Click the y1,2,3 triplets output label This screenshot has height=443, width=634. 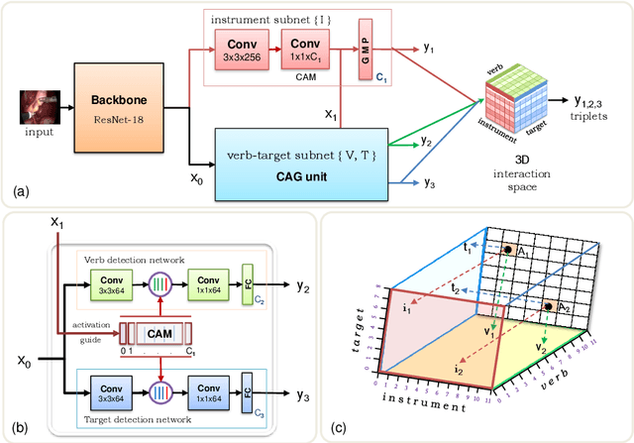tap(598, 106)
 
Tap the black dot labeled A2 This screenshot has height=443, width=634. tap(546, 307)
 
